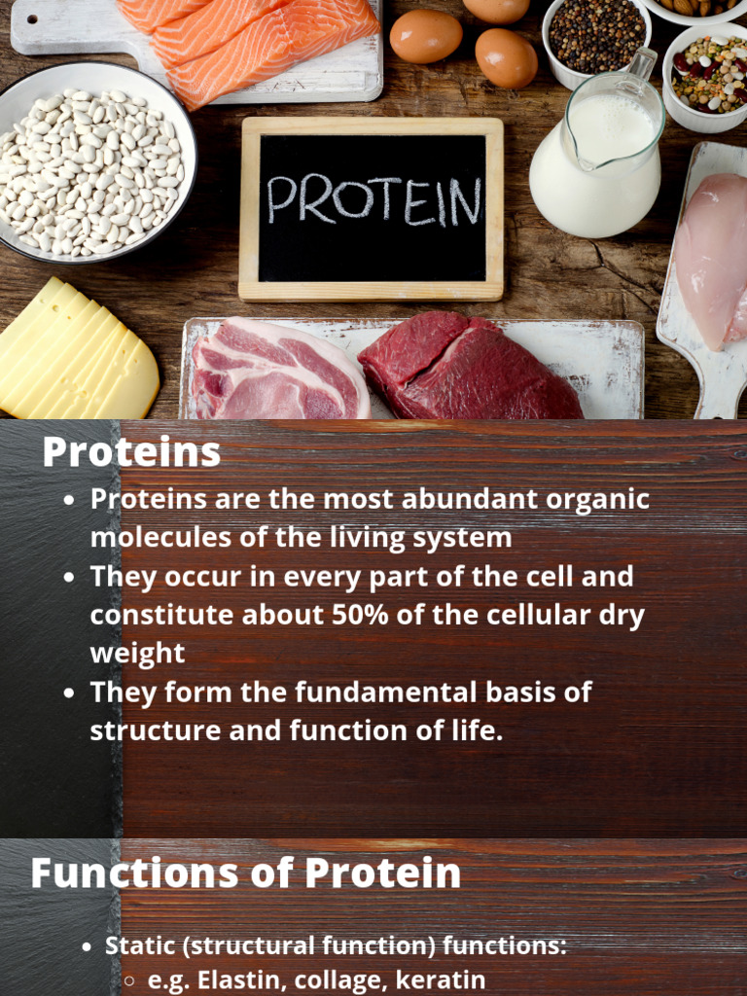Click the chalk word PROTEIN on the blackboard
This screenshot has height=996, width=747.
point(373,200)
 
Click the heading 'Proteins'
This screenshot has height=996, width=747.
point(131,452)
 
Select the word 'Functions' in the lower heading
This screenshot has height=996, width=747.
point(130,872)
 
